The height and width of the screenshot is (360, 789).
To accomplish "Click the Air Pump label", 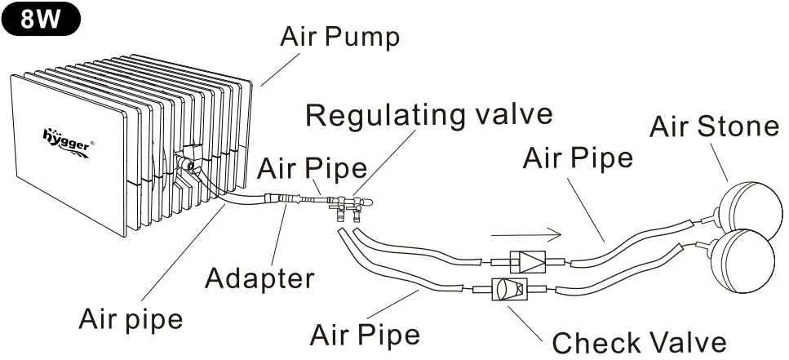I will pyautogui.click(x=339, y=37).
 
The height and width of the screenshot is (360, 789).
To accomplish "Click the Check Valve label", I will pyautogui.click(x=639, y=342).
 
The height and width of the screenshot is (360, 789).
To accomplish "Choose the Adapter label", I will pyautogui.click(x=259, y=278).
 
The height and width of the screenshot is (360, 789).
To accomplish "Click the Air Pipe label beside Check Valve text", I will pyautogui.click(x=366, y=335).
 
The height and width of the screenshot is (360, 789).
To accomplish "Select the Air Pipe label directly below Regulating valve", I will pyautogui.click(x=312, y=169).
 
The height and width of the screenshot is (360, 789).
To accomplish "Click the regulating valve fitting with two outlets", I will pyautogui.click(x=346, y=204).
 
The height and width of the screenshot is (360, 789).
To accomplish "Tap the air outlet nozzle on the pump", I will pyautogui.click(x=188, y=165).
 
